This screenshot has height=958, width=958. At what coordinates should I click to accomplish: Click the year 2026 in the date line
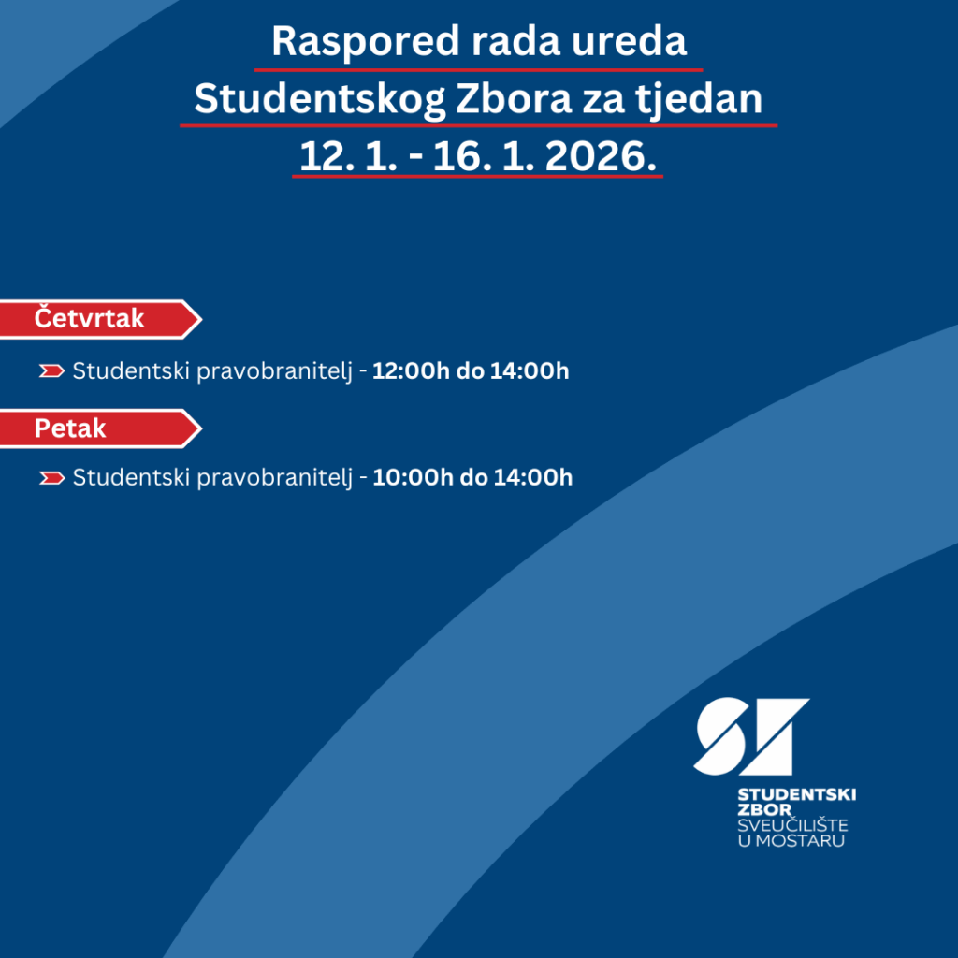[600, 156]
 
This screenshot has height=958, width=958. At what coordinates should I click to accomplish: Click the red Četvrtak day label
[90, 319]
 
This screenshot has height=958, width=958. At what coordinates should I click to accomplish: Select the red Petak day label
[71, 428]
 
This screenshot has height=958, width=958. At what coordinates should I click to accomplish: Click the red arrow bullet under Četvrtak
[51, 371]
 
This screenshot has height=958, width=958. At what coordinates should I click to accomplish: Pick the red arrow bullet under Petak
[51, 478]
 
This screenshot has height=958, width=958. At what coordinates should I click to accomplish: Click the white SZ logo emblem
[750, 736]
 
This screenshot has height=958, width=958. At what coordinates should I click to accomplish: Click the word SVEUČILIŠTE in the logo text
[792, 825]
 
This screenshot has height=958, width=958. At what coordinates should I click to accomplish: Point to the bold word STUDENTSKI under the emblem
[796, 794]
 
